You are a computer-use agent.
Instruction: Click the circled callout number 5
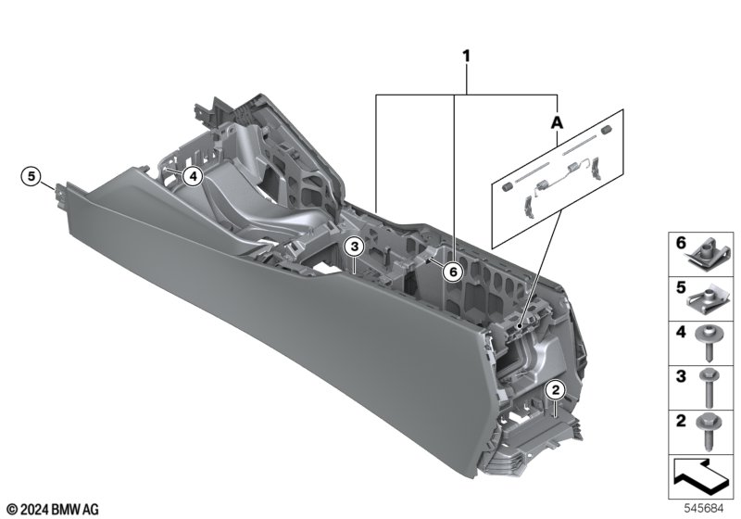(31, 176)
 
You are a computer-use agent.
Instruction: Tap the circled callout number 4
(193, 177)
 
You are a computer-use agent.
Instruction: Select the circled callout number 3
(355, 247)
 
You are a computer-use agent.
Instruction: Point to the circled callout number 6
(453, 272)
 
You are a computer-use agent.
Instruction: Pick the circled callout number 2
(555, 390)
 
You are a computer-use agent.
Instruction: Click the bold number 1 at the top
(467, 57)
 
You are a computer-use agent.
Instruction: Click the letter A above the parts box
(558, 122)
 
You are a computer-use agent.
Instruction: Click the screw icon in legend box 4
(707, 344)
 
